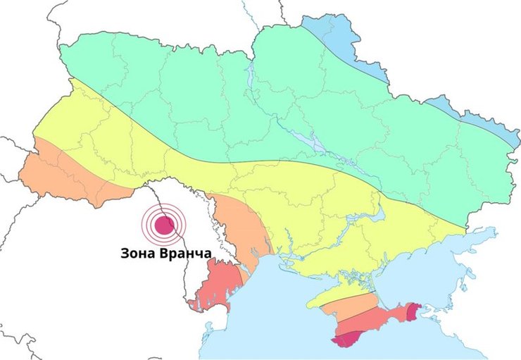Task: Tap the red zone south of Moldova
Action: click(x=215, y=285)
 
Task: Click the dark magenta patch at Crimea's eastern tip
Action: click(x=413, y=309)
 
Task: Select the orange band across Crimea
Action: click(x=359, y=306)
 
